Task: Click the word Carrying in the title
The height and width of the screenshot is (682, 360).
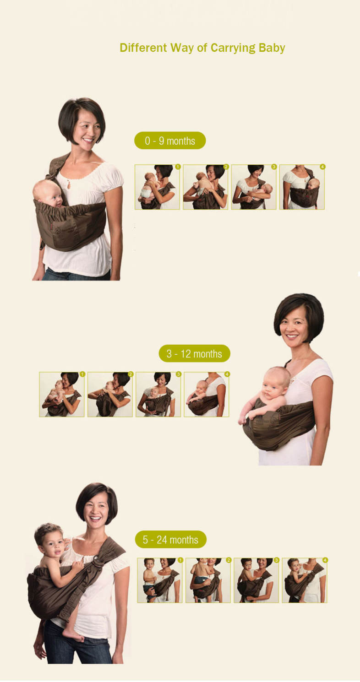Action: pyautogui.click(x=233, y=48)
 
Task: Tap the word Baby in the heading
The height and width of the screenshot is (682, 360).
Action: pyautogui.click(x=272, y=48)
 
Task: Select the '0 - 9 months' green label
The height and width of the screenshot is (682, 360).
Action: pyautogui.click(x=170, y=141)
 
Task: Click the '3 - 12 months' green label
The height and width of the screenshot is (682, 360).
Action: pyautogui.click(x=194, y=353)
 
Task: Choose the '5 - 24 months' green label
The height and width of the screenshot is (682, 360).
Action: pyautogui.click(x=170, y=540)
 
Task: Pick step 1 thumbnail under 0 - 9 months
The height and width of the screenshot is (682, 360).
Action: pyautogui.click(x=157, y=187)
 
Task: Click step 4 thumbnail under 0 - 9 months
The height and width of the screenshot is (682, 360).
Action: pyautogui.click(x=302, y=187)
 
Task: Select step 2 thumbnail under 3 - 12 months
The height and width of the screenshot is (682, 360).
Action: pyautogui.click(x=110, y=394)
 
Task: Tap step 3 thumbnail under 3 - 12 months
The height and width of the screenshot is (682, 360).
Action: pyautogui.click(x=158, y=394)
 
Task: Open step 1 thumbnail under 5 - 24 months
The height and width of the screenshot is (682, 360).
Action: pyautogui.click(x=160, y=580)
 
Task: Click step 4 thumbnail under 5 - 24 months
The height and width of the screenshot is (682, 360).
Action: pyautogui.click(x=305, y=580)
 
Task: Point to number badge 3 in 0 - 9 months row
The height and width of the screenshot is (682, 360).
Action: pyautogui.click(x=274, y=167)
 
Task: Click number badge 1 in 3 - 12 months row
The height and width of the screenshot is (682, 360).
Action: pyautogui.click(x=82, y=374)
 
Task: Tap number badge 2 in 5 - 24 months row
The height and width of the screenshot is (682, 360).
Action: pyautogui.click(x=229, y=560)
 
